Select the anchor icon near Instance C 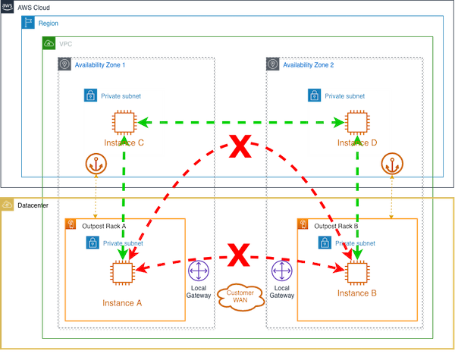(96, 163)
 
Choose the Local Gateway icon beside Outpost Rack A (198, 271)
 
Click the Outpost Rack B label (335, 225)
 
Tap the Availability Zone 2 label (309, 66)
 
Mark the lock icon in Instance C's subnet (90, 95)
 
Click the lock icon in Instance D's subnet (314, 95)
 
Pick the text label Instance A (122, 303)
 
